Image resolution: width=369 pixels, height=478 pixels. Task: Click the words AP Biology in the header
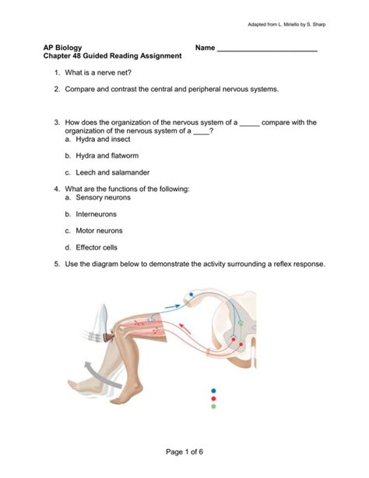pyautogui.click(x=62, y=48)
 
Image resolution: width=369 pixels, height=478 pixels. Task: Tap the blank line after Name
pyautogui.click(x=267, y=51)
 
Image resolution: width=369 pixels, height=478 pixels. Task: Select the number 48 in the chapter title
pyautogui.click(x=77, y=56)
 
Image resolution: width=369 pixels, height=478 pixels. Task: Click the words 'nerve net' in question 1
pyautogui.click(x=112, y=73)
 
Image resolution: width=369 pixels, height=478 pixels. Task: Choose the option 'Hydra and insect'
pyautogui.click(x=103, y=140)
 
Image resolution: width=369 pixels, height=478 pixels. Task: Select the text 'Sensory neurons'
pyautogui.click(x=104, y=197)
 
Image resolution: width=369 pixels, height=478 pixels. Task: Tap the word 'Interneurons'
pyautogui.click(x=97, y=214)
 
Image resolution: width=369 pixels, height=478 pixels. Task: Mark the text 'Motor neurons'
pyautogui.click(x=99, y=231)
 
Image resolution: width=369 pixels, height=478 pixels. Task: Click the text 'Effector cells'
pyautogui.click(x=97, y=247)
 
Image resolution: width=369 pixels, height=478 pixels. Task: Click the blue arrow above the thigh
pyautogui.click(x=173, y=306)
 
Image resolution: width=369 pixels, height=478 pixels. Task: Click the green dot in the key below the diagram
pyautogui.click(x=213, y=406)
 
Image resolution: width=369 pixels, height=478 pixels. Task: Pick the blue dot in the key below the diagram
pyautogui.click(x=213, y=391)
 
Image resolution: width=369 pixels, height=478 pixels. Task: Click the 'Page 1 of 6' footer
pyautogui.click(x=184, y=451)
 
